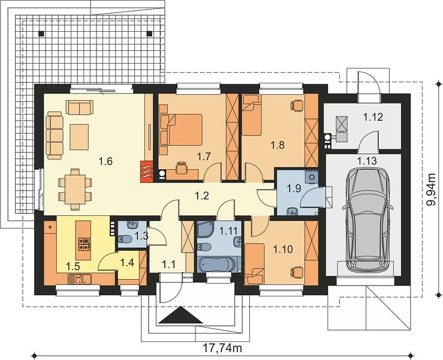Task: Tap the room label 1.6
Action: point(106,161)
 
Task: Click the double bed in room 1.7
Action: point(185,130)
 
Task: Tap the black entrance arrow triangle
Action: point(180,316)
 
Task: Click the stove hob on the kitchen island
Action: point(84,244)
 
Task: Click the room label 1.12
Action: point(373,117)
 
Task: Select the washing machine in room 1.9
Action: point(312,178)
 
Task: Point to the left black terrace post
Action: point(41,34)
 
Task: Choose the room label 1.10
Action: point(282,249)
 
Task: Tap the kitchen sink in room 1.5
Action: point(79,280)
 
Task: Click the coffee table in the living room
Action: point(79,137)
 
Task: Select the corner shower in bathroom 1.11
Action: point(206,230)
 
